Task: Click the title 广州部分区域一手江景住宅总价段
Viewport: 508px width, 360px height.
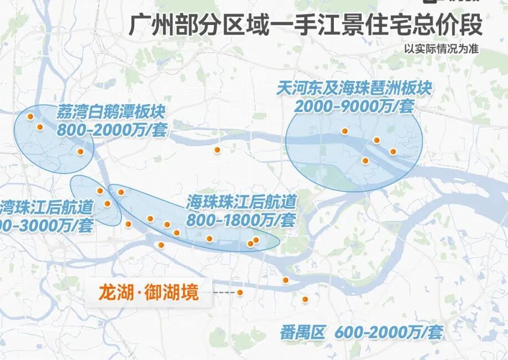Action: tap(306, 26)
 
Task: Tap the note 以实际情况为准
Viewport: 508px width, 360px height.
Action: tap(441, 48)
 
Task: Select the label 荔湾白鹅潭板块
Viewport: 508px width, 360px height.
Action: tap(111, 113)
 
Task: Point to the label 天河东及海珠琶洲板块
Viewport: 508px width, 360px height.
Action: tap(355, 89)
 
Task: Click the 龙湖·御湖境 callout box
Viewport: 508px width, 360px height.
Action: tap(149, 292)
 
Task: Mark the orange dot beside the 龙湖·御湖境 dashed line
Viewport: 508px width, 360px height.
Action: tap(240, 292)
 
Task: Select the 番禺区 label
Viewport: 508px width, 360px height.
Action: tap(303, 333)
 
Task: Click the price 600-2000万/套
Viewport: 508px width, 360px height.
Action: tap(389, 333)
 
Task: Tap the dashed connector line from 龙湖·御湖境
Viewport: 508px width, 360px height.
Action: tap(224, 292)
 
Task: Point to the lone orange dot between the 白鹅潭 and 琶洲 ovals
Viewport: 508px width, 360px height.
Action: tap(217, 150)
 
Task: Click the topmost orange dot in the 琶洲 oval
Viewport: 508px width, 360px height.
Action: tap(344, 131)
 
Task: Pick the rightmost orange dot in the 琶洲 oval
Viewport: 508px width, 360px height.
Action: tap(393, 151)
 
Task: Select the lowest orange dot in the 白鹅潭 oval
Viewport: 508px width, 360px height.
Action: tap(80, 151)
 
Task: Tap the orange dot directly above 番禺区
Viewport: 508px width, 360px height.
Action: tap(305, 300)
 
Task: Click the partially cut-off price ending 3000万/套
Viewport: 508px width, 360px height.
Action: tap(47, 225)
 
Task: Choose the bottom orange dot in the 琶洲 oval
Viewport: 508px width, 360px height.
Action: tap(365, 161)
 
